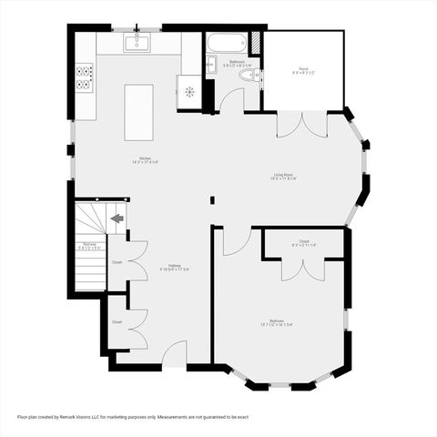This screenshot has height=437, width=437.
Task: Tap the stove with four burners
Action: [x=85, y=78]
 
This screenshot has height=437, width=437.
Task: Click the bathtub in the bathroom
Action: [x=226, y=43]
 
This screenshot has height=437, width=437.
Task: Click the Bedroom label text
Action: [x=276, y=321]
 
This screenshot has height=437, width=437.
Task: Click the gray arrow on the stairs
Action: [x=117, y=218]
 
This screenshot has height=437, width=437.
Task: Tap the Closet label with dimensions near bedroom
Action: [x=303, y=243]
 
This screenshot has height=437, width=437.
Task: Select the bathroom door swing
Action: [x=231, y=100]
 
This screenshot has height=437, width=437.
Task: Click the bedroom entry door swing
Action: [x=236, y=240]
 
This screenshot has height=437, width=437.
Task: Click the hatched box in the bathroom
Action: [x=257, y=42]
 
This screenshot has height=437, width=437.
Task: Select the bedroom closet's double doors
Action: [x=302, y=269]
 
